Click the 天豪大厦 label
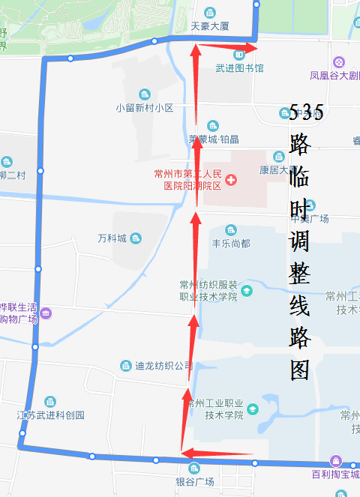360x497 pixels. click(x=209, y=25)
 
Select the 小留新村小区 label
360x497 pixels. click(x=145, y=107)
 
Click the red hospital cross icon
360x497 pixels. click(x=231, y=180)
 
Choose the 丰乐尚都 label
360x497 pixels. click(x=230, y=243)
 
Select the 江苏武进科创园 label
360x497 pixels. click(x=51, y=415)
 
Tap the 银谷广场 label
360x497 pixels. click(x=195, y=481)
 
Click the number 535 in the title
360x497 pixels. click(x=306, y=114)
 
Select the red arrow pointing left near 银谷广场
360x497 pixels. click(x=217, y=453)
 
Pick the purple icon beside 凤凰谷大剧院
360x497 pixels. click(x=339, y=61)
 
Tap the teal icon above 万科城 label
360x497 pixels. click(x=136, y=238)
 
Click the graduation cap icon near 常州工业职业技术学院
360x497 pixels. click(x=253, y=409)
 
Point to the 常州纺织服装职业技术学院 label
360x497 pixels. click(x=208, y=291)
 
